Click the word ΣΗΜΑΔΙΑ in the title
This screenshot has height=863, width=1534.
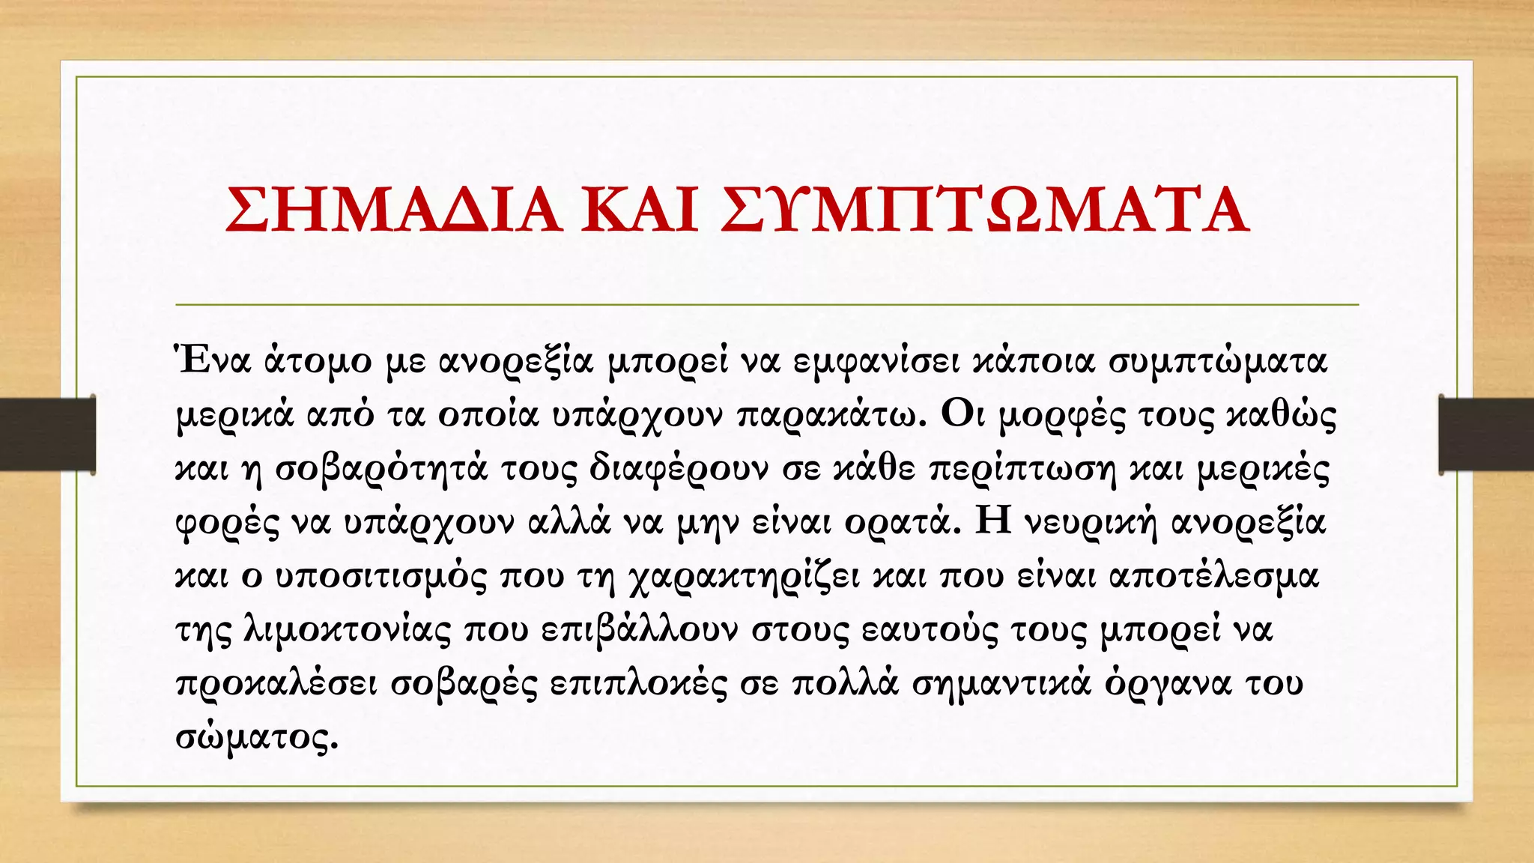(393, 210)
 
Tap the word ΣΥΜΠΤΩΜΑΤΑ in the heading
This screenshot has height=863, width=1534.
(984, 210)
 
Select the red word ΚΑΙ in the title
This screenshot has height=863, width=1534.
(640, 210)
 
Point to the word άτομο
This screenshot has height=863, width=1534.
(318, 363)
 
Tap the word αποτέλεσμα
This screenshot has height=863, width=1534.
(1213, 576)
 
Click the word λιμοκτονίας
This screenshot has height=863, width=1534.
(348, 630)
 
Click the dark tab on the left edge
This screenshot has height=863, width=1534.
(47, 434)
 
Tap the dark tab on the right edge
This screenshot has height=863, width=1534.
(1486, 434)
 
